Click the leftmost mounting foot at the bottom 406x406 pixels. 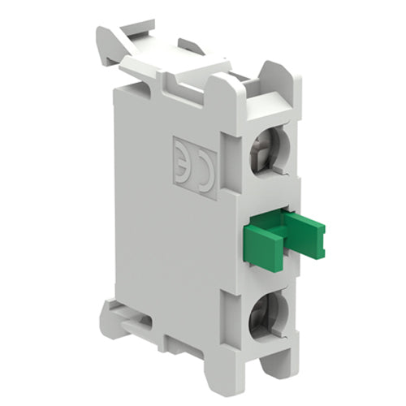coord(114,317)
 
